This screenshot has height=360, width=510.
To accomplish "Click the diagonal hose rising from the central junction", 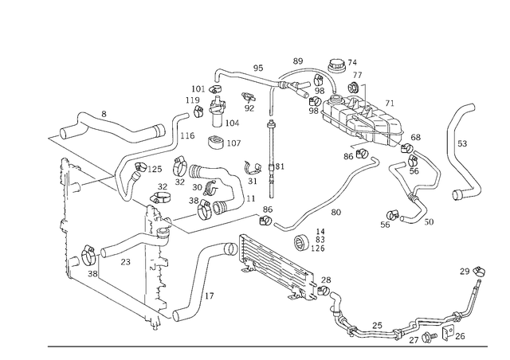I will [339, 191].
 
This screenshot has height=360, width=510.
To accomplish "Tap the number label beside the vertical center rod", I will [279, 166].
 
